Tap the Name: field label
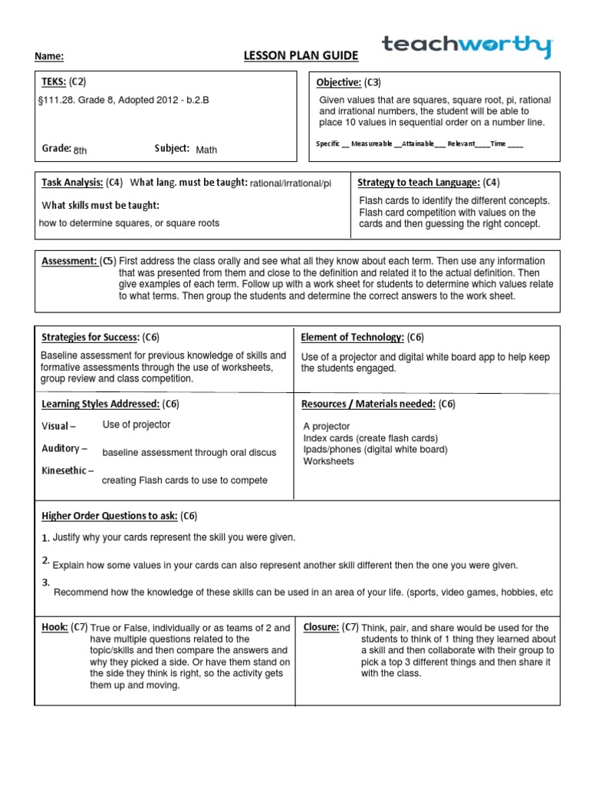[x=49, y=57]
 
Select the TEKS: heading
[x=53, y=81]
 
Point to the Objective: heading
[x=339, y=82]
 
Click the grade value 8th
[x=81, y=150]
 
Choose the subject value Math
[x=206, y=150]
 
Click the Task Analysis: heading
[x=71, y=183]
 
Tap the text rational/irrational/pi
[x=291, y=183]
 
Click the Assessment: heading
[x=69, y=261]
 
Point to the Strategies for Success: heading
[x=90, y=337]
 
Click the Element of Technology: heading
[x=353, y=337]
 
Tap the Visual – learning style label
[x=58, y=426]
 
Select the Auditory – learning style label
[x=64, y=448]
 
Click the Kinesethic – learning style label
[x=67, y=471]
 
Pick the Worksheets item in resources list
[x=329, y=461]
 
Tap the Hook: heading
[x=55, y=627]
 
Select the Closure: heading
[x=321, y=627]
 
